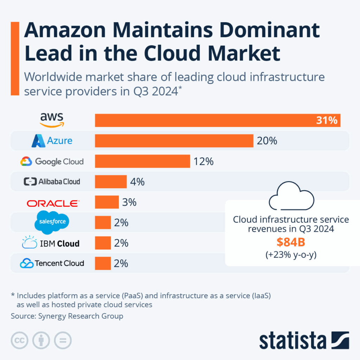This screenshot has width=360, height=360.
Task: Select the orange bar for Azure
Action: click(174, 141)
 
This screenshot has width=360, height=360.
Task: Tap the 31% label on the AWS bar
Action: click(327, 121)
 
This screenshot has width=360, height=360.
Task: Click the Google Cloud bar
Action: click(142, 161)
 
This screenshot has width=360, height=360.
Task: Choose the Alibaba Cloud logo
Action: click(52, 182)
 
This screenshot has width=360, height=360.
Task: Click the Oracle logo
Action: click(53, 203)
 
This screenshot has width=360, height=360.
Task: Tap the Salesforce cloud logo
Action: click(52, 222)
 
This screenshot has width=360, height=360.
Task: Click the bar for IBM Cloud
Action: click(103, 243)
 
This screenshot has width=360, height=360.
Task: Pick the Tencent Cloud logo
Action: click(52, 263)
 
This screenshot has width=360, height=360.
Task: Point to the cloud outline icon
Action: click(291, 197)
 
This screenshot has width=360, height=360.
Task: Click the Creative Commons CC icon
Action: click(20, 340)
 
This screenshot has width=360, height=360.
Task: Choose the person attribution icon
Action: click(41, 340)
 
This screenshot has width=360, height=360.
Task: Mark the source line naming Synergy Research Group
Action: click(67, 316)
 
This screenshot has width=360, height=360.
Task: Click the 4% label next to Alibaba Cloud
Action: click(137, 182)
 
